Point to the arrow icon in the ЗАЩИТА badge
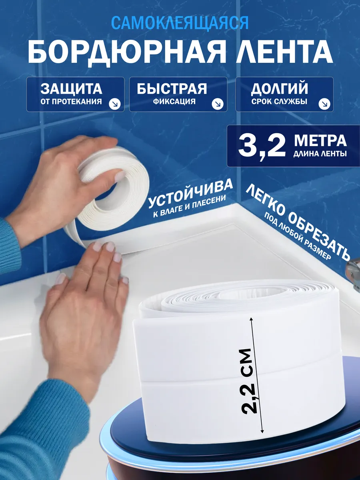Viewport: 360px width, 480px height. (115, 104)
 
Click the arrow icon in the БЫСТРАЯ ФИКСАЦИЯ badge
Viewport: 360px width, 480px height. (218, 104)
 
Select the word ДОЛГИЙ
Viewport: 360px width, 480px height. (279, 89)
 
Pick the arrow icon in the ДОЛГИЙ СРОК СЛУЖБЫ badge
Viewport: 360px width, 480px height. (324, 104)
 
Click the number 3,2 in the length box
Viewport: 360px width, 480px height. (262, 146)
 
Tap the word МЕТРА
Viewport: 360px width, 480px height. (320, 141)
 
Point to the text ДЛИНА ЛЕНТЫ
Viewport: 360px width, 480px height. (320, 154)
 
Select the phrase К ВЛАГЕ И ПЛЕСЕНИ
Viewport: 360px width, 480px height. (189, 206)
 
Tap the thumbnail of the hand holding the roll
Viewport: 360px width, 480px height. (120, 176)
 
